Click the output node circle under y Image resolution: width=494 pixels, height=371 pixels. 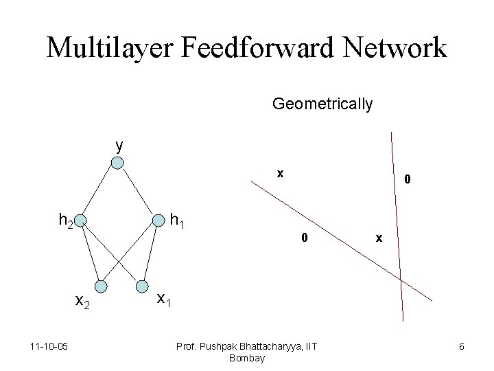tap(118, 163)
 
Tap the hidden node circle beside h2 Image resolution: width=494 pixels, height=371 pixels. tap(80, 221)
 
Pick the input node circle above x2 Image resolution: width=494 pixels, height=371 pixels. tap(101, 286)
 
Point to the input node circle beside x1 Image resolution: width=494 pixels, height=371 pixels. tap(142, 286)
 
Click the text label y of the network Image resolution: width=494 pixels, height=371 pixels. tap(119, 146)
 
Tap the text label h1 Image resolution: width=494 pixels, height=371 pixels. tap(178, 221)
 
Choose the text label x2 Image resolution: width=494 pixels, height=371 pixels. tap(83, 301)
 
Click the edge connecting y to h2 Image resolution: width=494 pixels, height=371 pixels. tap(99, 192)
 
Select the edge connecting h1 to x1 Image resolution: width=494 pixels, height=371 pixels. tap(150, 253)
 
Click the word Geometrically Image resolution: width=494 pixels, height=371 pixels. tap(322, 104)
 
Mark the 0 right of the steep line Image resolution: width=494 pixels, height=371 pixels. tap(408, 180)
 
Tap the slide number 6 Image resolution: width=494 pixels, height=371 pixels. tap(462, 347)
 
